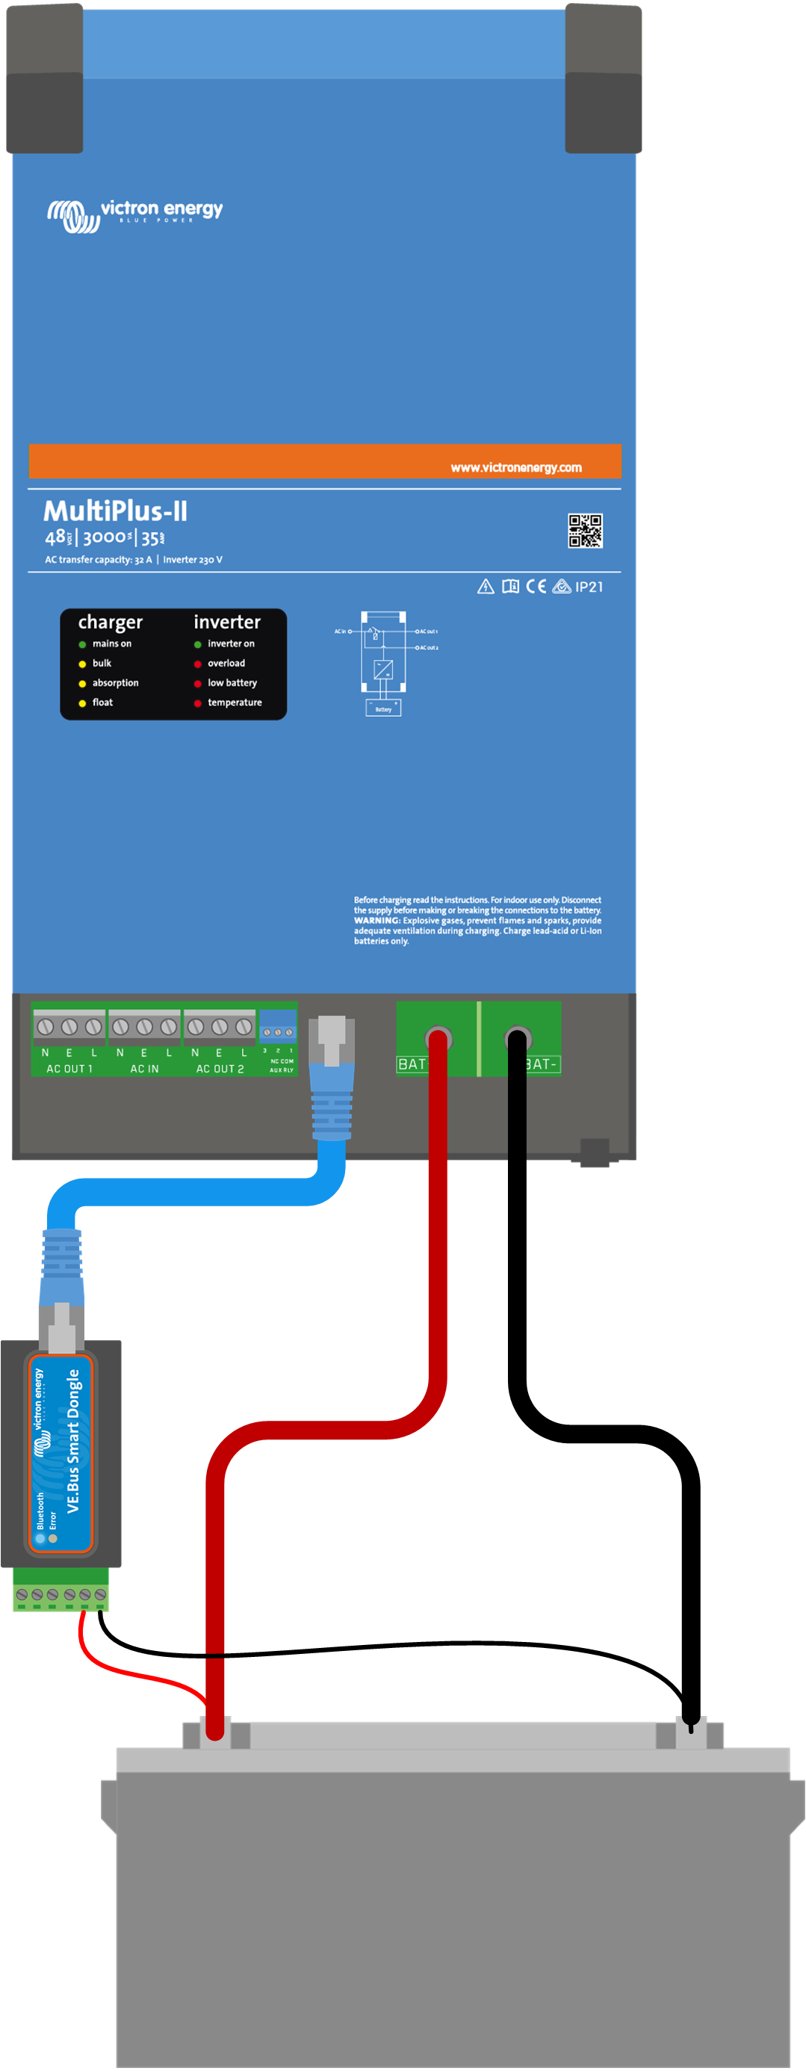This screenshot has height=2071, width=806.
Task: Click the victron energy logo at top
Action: tap(134, 214)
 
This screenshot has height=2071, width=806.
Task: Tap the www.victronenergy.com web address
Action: tap(516, 467)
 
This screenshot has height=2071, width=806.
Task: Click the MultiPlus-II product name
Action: tap(115, 510)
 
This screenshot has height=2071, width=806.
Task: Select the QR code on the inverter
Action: tap(585, 531)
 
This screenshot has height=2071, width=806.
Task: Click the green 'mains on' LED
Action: tap(82, 644)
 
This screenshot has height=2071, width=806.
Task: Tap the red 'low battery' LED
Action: tap(197, 683)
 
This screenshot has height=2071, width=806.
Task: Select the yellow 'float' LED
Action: tap(82, 703)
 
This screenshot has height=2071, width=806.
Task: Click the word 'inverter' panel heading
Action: tap(226, 622)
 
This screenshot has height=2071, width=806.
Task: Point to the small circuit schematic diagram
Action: tap(383, 662)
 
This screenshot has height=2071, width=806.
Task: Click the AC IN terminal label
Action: tap(145, 1069)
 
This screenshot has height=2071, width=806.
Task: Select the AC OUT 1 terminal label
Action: tap(69, 1069)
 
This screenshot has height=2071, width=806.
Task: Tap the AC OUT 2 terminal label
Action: tap(220, 1069)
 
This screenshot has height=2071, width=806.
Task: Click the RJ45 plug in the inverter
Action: tap(331, 1077)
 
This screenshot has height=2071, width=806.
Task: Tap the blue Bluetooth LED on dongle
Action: tap(40, 1538)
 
